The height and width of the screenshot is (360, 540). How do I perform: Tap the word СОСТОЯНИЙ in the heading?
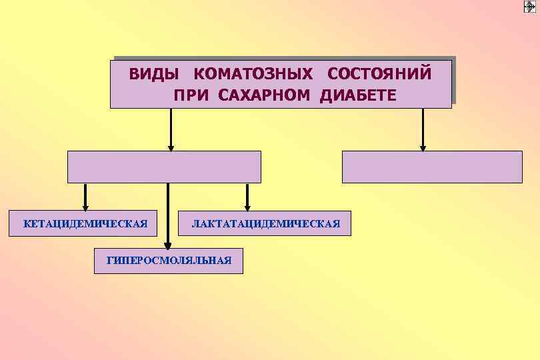pos(380,73)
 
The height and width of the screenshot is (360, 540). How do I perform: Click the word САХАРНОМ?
pos(263,95)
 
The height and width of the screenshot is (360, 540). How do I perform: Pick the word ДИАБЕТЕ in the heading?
pos(358,95)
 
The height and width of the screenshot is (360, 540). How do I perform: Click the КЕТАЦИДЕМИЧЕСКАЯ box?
pos(85,223)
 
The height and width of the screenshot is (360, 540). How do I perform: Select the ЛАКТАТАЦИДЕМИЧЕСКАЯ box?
pos(266,223)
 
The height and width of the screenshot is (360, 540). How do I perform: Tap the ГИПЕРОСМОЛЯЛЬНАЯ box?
pos(169,261)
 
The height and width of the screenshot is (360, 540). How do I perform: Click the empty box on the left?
pos(164,167)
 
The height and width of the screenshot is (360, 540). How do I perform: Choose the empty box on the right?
pos(432,167)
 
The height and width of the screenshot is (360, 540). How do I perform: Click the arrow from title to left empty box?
pos(171,129)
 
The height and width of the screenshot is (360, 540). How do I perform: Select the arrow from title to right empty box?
pos(423,129)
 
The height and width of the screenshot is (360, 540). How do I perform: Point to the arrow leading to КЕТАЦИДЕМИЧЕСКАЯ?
pos(85,197)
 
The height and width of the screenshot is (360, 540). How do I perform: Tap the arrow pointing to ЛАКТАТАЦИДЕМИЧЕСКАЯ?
pos(247,197)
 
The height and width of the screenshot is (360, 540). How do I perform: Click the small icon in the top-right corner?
pos(529,7)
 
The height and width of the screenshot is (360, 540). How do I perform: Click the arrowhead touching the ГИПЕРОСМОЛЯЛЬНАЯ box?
pos(167,245)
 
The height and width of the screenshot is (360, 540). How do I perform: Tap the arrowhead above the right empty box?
pos(423,148)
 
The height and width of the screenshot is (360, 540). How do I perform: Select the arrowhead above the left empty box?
pos(171,148)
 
